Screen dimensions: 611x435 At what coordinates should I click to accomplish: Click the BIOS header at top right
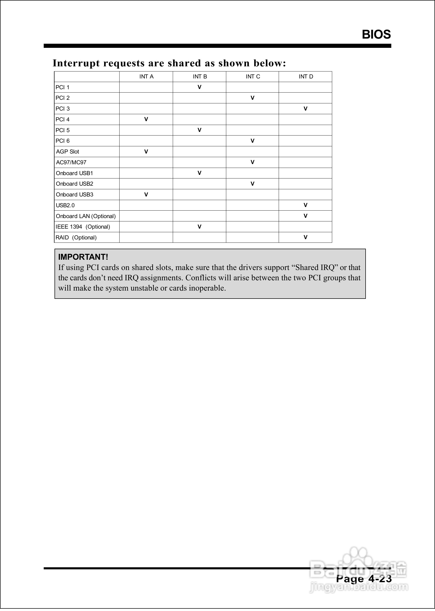coord(376,34)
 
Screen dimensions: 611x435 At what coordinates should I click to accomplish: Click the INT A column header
coord(146,77)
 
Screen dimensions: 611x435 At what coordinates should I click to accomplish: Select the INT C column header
coord(252,77)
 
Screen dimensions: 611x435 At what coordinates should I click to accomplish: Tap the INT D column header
coord(306,77)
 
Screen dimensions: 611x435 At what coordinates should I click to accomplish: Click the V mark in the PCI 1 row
coord(199,87)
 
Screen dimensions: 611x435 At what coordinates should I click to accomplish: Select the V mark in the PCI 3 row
coord(305,109)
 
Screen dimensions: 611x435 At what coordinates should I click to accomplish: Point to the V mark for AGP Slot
coord(146,152)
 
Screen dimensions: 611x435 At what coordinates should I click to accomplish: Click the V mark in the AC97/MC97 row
coord(252,162)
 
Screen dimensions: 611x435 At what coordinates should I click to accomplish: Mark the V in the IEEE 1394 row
coord(199,227)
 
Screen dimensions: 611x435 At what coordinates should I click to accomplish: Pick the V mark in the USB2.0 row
coord(305,205)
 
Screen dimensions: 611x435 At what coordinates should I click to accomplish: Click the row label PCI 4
coord(62,120)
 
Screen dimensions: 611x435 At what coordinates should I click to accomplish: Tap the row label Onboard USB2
coord(75,184)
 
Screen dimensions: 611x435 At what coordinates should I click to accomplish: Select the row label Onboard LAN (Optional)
coord(86,216)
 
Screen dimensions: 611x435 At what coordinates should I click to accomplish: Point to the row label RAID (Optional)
coord(76,237)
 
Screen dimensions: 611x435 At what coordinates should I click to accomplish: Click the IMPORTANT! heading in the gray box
coord(83,257)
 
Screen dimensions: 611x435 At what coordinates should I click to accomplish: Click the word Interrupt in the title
coord(76,63)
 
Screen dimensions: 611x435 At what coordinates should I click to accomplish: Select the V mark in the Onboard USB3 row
coord(146,194)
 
